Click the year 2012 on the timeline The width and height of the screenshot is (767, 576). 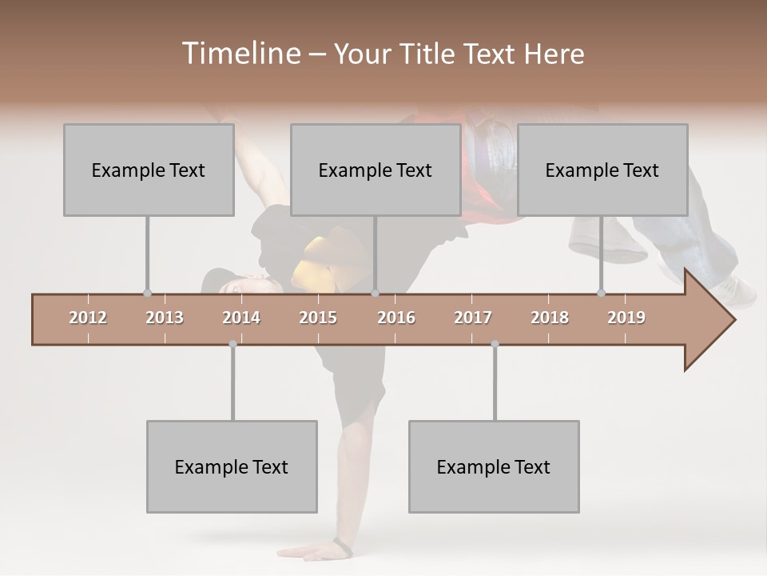(x=88, y=318)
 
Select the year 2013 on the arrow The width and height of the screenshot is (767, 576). (x=165, y=318)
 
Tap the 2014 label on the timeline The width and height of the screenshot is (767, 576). (x=241, y=318)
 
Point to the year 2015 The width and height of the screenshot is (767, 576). (x=318, y=318)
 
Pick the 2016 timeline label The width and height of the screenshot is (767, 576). (x=396, y=318)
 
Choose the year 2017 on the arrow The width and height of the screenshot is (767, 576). (x=473, y=318)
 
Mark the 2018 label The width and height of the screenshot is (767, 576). (x=550, y=318)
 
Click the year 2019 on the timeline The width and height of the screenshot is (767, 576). (x=626, y=318)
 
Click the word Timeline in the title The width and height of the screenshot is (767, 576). (x=240, y=54)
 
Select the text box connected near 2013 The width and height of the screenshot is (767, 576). (x=149, y=170)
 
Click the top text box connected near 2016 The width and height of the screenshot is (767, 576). (x=376, y=170)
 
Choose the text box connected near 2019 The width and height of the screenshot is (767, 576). (x=602, y=170)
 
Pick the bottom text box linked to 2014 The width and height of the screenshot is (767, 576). (x=232, y=466)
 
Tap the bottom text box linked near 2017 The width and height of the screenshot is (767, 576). (x=494, y=466)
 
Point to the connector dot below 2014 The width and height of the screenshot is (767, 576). (x=232, y=344)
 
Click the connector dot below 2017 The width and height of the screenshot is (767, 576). (x=495, y=344)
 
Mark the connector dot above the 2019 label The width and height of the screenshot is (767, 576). (x=601, y=293)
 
